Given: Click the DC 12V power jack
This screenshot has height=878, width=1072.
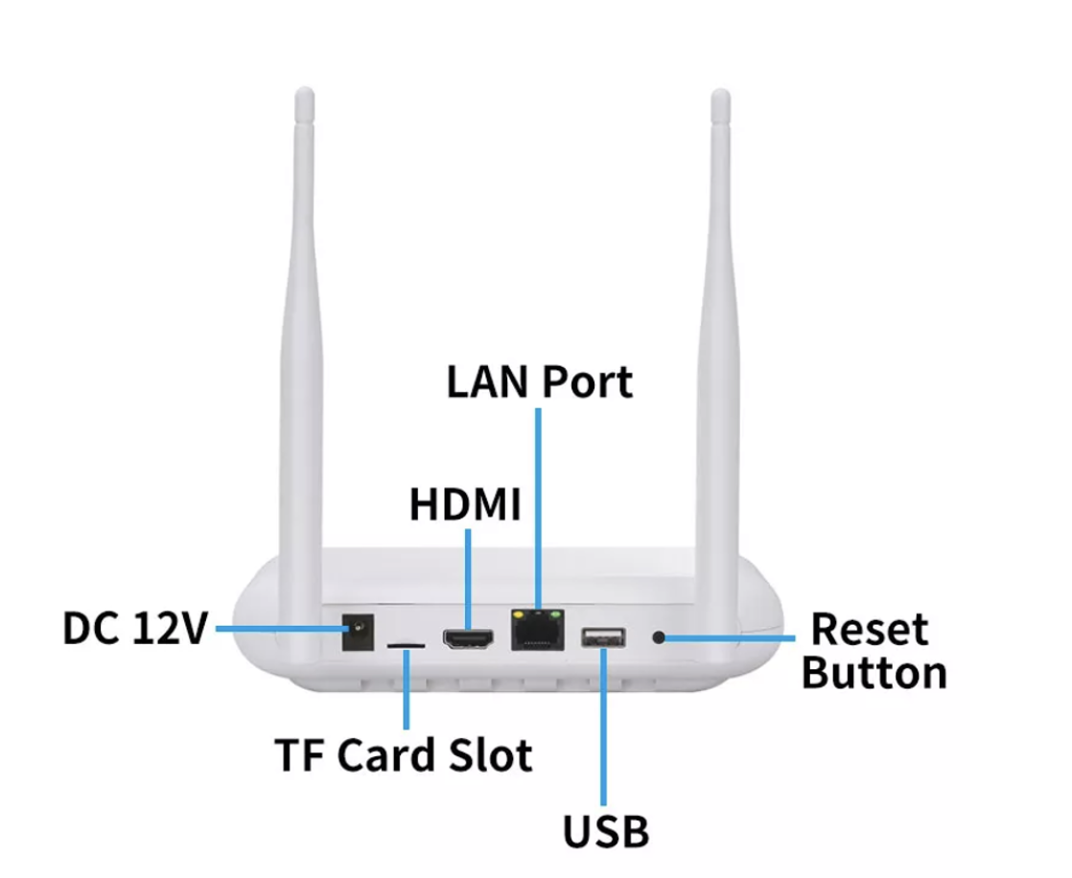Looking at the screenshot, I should (x=359, y=635).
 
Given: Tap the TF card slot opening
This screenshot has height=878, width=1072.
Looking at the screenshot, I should (x=407, y=645).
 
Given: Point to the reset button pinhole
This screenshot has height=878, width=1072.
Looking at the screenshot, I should (x=659, y=635).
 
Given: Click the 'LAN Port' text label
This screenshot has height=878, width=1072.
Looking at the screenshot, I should (x=539, y=381).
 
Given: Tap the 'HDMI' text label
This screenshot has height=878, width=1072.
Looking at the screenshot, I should (x=465, y=505).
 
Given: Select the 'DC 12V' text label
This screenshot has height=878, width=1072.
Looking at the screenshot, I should (x=134, y=629).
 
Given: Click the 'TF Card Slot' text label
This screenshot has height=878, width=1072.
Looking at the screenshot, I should (x=403, y=754).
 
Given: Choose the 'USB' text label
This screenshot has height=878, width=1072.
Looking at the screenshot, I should (x=605, y=831).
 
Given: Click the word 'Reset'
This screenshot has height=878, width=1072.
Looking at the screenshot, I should (x=869, y=631).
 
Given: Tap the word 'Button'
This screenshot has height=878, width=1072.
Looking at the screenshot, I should (x=874, y=673).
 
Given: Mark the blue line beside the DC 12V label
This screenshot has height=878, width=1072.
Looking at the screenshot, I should (x=278, y=629).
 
